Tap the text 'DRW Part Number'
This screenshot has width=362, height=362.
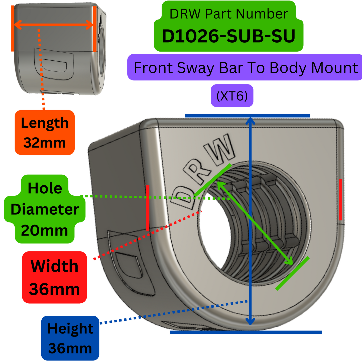pos(228,14)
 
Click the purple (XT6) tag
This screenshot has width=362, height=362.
pos(232,96)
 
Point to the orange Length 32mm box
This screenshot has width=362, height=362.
pos(45,133)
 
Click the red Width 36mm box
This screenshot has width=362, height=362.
pos(54,277)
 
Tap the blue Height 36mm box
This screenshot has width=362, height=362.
pos(70,338)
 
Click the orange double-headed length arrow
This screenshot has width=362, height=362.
pos(53,25)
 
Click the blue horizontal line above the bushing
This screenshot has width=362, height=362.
pos(247,116)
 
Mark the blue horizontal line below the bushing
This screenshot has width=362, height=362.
pos(246,332)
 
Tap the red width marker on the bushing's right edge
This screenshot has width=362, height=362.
pos(340,200)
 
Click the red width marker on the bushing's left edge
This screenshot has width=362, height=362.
pos(148,208)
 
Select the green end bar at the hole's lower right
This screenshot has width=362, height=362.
pos(292,274)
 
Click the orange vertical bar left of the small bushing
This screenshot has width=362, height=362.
pos(13,29)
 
